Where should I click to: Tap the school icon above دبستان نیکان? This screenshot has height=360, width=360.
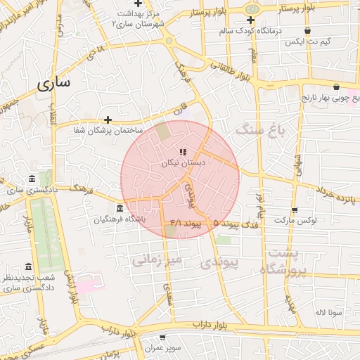(x=183, y=152)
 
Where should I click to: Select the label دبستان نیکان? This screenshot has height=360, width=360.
(x=183, y=162)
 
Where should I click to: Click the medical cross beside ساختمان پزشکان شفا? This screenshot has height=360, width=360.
(x=108, y=120)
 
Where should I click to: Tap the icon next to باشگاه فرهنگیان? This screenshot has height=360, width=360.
(x=120, y=209)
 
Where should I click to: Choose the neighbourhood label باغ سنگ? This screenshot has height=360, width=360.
(x=261, y=129)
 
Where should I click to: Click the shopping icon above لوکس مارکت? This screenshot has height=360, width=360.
(x=294, y=210)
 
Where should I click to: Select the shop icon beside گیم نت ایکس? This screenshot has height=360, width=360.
(x=308, y=31)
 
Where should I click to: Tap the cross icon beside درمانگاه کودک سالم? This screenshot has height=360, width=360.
(x=250, y=20)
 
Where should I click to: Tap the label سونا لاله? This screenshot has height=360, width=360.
(x=328, y=311)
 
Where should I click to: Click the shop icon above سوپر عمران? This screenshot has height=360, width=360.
(x=162, y=338)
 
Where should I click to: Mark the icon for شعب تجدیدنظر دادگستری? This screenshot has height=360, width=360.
(x=28, y=267)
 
